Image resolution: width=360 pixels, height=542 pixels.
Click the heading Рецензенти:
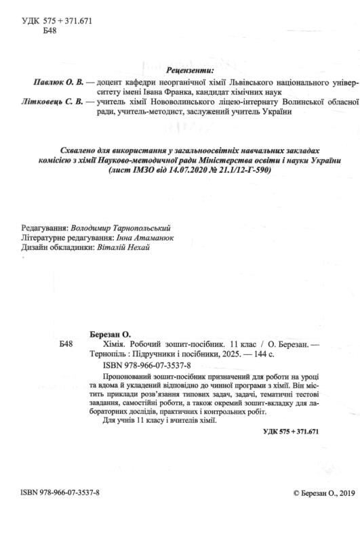[x=190, y=69]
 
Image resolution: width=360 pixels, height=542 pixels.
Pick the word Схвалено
[x=75, y=149]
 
